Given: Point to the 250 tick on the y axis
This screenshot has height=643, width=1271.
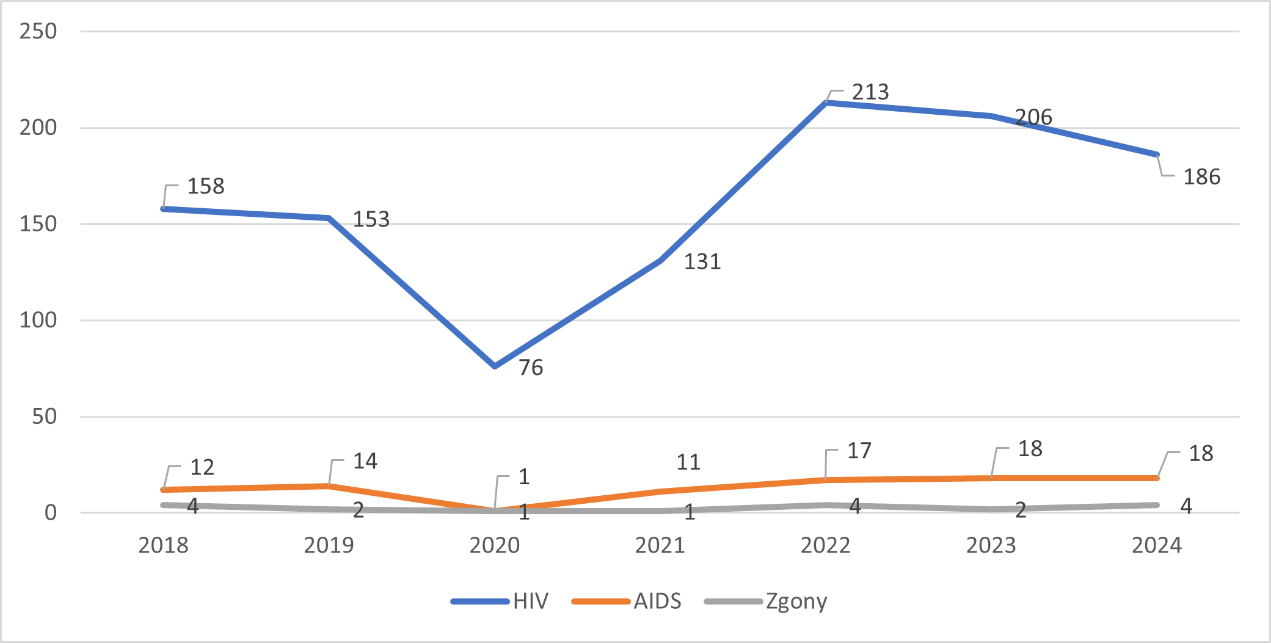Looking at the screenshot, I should pyautogui.click(x=38, y=31).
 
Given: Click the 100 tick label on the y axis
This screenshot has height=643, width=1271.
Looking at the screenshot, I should pyautogui.click(x=38, y=320).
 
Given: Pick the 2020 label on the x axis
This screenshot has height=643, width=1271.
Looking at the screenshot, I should pyautogui.click(x=494, y=545).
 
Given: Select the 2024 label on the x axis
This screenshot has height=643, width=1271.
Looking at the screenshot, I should pyautogui.click(x=1156, y=545).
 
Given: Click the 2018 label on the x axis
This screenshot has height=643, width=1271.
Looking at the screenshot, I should pyautogui.click(x=163, y=545).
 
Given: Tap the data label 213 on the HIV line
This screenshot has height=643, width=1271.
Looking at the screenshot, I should pyautogui.click(x=870, y=92).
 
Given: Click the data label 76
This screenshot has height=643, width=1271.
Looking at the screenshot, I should pyautogui.click(x=531, y=368).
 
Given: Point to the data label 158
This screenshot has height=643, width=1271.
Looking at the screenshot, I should pyautogui.click(x=206, y=186).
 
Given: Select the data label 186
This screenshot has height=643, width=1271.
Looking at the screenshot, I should pyautogui.click(x=1201, y=177).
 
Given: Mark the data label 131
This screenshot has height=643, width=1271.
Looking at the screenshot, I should pyautogui.click(x=702, y=262).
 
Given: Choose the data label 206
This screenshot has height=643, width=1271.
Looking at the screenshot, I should pyautogui.click(x=1033, y=117).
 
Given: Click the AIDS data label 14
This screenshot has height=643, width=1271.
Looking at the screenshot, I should pyautogui.click(x=365, y=462).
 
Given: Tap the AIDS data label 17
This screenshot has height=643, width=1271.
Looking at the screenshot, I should pyautogui.click(x=859, y=451).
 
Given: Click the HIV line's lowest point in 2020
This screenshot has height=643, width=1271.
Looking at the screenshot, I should pyautogui.click(x=495, y=366).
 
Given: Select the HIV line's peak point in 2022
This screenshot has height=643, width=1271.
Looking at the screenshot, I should pyautogui.click(x=826, y=103).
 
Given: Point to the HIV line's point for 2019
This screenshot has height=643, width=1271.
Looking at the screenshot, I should pyautogui.click(x=329, y=218).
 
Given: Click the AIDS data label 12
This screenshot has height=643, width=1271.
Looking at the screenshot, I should pyautogui.click(x=202, y=468).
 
